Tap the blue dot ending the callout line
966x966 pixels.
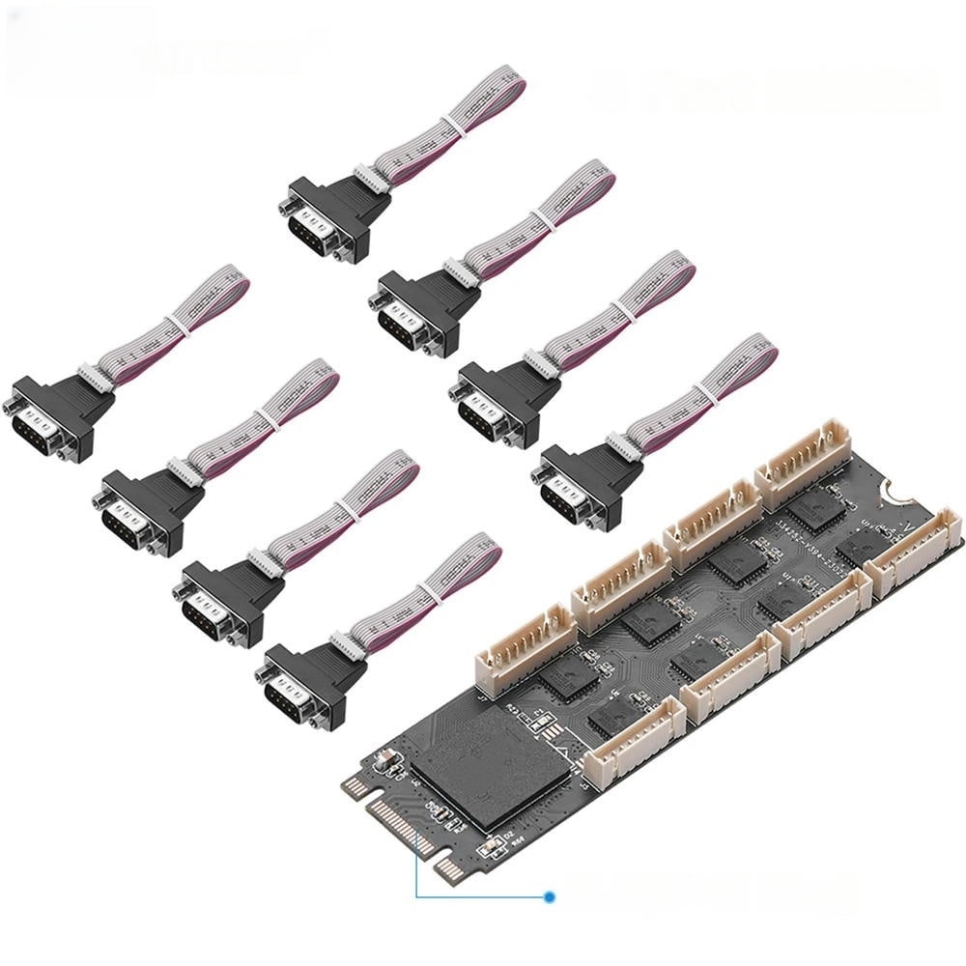[550, 896]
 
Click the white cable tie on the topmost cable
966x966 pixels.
[449, 125]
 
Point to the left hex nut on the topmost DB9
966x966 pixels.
[287, 206]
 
